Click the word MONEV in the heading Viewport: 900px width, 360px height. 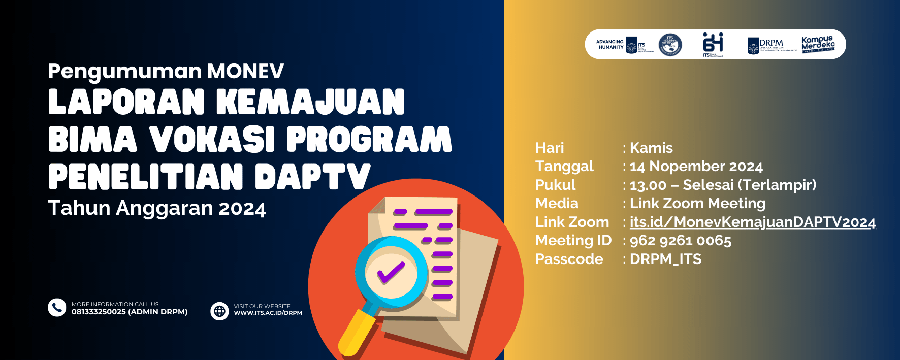(245, 72)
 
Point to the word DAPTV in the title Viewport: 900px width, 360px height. (312, 177)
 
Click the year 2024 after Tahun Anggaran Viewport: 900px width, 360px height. (242, 209)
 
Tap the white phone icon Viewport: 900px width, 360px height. (57, 307)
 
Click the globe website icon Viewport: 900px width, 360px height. (219, 311)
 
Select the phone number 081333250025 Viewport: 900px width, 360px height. (99, 312)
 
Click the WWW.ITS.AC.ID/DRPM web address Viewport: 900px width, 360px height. (268, 313)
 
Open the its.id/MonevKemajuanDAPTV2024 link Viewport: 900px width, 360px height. (752, 222)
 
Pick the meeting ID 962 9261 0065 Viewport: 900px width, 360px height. (681, 241)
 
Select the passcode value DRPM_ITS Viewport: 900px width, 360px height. (665, 259)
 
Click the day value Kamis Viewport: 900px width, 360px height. (651, 148)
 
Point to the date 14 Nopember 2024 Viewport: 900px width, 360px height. (696, 167)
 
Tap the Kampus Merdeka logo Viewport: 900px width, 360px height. (818, 44)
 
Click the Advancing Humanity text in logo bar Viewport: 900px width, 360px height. (610, 45)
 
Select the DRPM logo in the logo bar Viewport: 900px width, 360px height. (771, 45)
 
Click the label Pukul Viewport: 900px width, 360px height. (555, 185)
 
